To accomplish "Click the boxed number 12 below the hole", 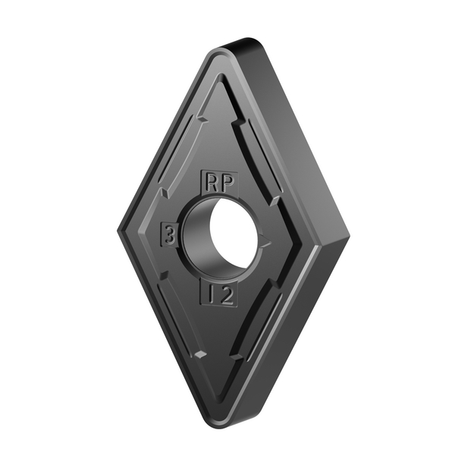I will tap(218, 295).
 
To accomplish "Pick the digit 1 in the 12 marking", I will tap(210, 295).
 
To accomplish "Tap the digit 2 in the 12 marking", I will tap(226, 295).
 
